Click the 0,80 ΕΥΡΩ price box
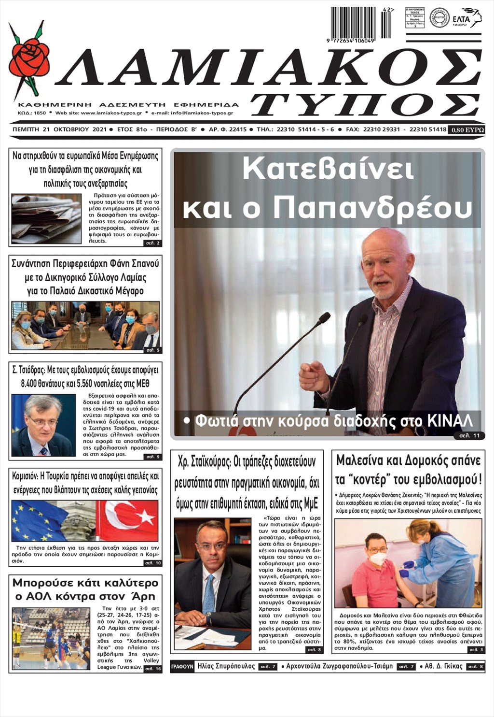466,130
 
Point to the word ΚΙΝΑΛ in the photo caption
450,420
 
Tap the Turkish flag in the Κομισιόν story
128,521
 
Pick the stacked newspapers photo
46,219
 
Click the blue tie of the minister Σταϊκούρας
209,595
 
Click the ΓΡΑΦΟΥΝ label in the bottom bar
182,667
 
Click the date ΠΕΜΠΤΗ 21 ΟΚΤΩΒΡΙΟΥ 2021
59,130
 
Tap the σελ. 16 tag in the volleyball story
152,669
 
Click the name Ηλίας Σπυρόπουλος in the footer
226,666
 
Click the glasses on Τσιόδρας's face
44,421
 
